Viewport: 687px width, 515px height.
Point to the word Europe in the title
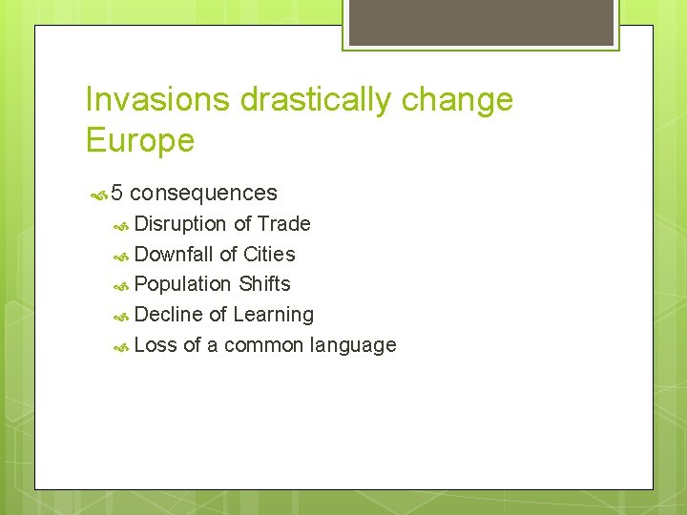(x=139, y=141)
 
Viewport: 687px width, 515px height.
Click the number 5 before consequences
(x=116, y=193)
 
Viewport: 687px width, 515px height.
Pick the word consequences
(x=203, y=193)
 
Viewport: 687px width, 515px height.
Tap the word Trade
(x=284, y=224)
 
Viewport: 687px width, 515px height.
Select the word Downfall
(x=174, y=255)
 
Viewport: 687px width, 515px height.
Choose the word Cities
(x=269, y=255)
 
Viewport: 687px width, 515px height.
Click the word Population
(x=183, y=284)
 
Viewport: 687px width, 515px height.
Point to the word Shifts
(x=264, y=284)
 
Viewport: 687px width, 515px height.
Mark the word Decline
(x=169, y=315)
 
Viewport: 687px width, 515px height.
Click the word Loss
(x=156, y=345)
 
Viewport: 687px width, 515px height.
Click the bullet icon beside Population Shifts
(x=121, y=285)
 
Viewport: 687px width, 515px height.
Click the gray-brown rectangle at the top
(x=481, y=23)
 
